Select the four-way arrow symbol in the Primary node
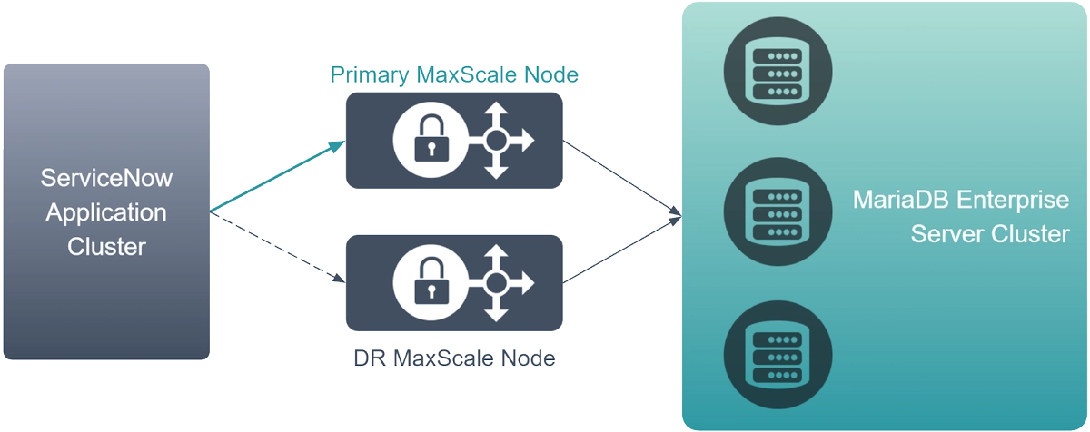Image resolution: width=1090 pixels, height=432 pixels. coord(497,142)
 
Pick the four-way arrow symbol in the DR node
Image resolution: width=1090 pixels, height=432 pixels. coord(496,284)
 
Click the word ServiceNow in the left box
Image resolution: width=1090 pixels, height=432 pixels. coord(107,179)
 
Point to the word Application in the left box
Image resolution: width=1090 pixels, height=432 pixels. coord(106,212)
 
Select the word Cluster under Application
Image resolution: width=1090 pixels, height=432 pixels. coord(106,246)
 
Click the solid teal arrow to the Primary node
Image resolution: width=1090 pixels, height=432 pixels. coord(277,178)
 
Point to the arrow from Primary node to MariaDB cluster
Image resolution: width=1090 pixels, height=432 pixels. coord(622,178)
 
